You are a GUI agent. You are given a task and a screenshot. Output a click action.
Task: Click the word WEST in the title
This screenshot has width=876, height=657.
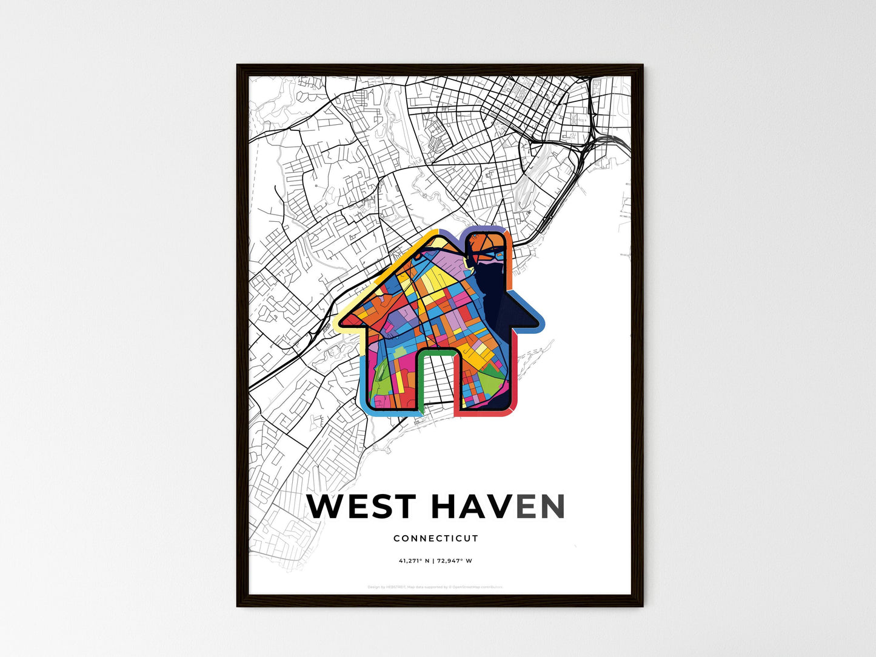[361, 507]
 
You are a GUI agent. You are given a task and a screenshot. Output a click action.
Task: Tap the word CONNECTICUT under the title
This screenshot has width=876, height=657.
[436, 538]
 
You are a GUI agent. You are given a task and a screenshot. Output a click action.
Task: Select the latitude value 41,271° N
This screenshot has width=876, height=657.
[414, 561]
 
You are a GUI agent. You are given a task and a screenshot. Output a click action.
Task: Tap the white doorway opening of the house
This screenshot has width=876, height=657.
[436, 382]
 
